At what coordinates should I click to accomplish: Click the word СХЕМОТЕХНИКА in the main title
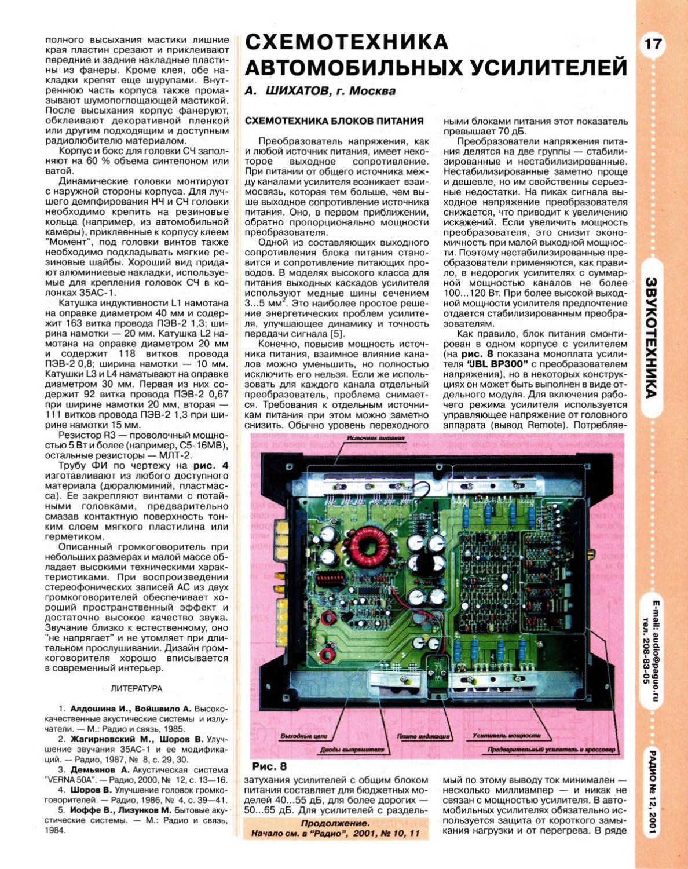coord(346,42)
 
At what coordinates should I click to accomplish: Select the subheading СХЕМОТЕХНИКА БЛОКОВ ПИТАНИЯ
coord(334,121)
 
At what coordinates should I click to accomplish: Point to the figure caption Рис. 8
coord(269,766)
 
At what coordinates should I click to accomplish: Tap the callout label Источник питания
coord(376,438)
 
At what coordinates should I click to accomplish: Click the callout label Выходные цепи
coord(303,736)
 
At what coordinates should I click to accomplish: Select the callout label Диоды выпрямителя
coord(352,749)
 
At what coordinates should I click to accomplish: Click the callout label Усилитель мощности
coord(498,736)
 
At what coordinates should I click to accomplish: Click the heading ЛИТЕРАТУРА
coord(136,689)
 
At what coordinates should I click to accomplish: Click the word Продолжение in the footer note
coord(335,823)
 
